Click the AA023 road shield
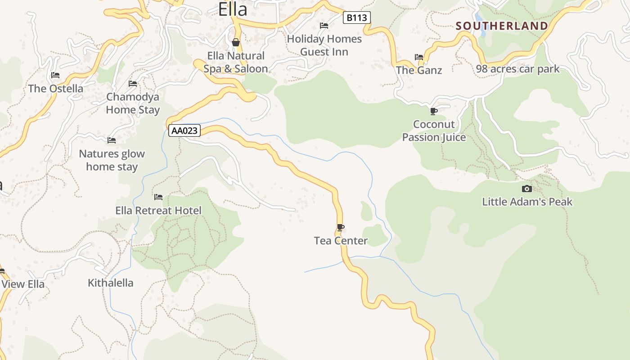[184, 131]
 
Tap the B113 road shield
[357, 18]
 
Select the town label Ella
[233, 9]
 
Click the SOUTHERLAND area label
[502, 26]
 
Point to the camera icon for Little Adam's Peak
[526, 189]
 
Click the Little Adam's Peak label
[527, 202]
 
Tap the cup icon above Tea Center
[341, 228]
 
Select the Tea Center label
[341, 241]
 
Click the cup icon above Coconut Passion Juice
[433, 111]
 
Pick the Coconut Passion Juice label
[434, 130]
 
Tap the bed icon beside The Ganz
[419, 57]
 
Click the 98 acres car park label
[517, 69]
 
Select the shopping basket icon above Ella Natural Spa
[235, 43]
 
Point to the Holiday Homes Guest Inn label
[324, 45]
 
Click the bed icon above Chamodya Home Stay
[133, 84]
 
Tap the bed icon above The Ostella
[55, 75]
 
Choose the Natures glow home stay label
[112, 160]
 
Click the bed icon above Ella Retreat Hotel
[158, 197]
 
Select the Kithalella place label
[111, 283]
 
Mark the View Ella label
[23, 284]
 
